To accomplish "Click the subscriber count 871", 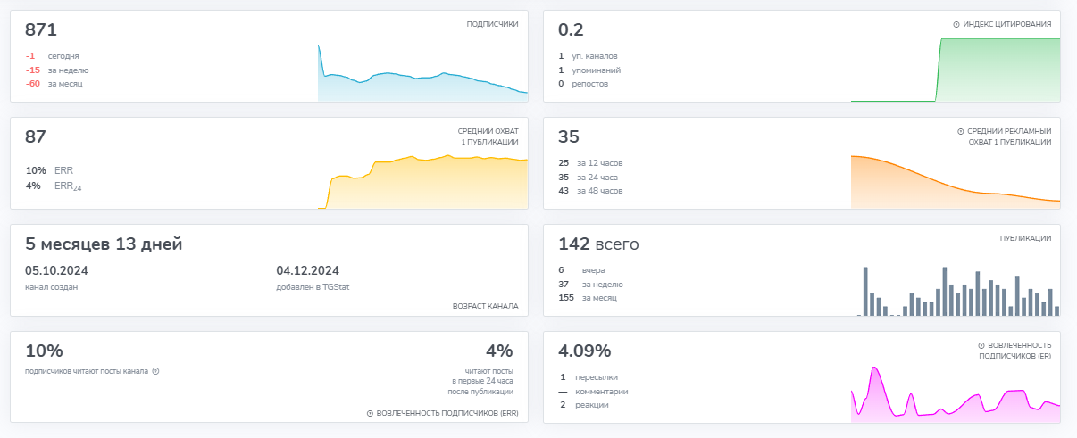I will [41, 30].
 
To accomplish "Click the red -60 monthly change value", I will [32, 84].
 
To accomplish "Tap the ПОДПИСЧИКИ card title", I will [492, 25].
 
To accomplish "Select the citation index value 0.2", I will [571, 30].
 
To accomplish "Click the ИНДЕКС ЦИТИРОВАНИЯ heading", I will [1006, 25].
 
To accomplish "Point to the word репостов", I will [590, 84].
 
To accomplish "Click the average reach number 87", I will [36, 137].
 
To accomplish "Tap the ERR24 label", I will [67, 186].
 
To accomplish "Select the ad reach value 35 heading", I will [569, 137].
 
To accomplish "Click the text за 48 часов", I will [599, 191].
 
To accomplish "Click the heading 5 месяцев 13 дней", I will [104, 244].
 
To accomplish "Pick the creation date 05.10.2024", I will [56, 271].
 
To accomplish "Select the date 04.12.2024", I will [308, 271].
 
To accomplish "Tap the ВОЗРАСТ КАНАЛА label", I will [486, 306].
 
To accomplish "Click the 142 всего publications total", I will [598, 244].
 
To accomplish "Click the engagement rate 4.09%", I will [584, 351].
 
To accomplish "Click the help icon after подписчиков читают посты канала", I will [155, 371].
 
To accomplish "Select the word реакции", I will [592, 405].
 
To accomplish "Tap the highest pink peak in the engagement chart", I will [875, 368].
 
